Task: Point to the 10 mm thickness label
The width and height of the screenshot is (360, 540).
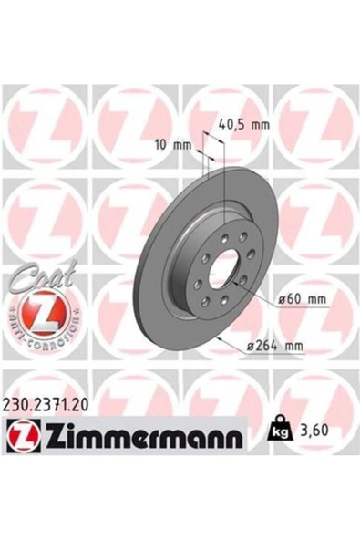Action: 171,143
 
